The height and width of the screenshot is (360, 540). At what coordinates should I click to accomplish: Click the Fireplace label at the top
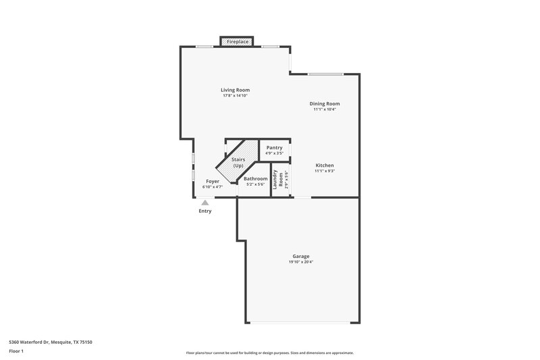coord(238,42)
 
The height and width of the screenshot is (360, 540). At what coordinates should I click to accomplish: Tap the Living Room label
coord(236,90)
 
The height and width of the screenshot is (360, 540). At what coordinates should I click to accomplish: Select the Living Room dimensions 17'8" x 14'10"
coord(236,96)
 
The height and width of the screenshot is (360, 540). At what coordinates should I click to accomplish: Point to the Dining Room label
coord(325,103)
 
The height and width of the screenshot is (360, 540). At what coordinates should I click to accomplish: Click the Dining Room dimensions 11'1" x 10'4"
coord(325,109)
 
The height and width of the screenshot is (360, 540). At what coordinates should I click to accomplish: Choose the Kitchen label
coord(325,165)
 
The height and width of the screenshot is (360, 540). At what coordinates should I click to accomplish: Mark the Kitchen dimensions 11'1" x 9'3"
coord(325,172)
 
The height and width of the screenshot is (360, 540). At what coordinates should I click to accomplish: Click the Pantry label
coord(274,147)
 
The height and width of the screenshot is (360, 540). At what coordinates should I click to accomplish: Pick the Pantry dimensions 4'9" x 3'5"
coord(274,153)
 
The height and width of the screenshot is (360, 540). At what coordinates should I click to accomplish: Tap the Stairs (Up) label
coord(238,163)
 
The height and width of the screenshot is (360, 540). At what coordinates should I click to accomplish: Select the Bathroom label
coord(256,178)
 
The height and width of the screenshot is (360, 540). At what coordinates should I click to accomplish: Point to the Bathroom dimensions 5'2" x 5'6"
coord(256,184)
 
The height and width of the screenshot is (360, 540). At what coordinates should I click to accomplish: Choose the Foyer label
coord(213,181)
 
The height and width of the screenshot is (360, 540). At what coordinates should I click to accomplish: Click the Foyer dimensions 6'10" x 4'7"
coord(213,187)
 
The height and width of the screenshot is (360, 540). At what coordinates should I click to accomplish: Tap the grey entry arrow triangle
coord(205,202)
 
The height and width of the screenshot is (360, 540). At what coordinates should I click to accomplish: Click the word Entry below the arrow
coord(205,211)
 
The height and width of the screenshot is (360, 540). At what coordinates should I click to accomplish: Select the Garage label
coord(301,256)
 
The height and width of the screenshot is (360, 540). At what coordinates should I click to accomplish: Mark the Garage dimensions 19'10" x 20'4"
coord(301,262)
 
